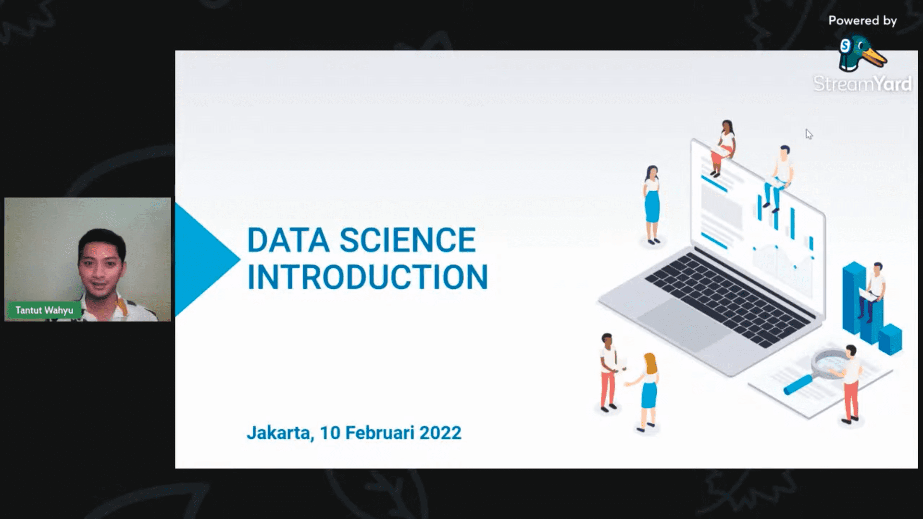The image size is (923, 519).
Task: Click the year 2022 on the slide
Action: pyautogui.click(x=440, y=432)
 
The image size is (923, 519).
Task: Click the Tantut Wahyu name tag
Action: pyautogui.click(x=44, y=310)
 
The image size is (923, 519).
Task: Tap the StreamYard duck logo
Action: pyautogui.click(x=862, y=53)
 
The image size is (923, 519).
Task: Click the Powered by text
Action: pyautogui.click(x=862, y=21)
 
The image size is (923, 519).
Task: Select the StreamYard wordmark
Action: pyautogui.click(x=862, y=84)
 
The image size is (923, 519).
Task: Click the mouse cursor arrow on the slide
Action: pyautogui.click(x=809, y=134)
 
